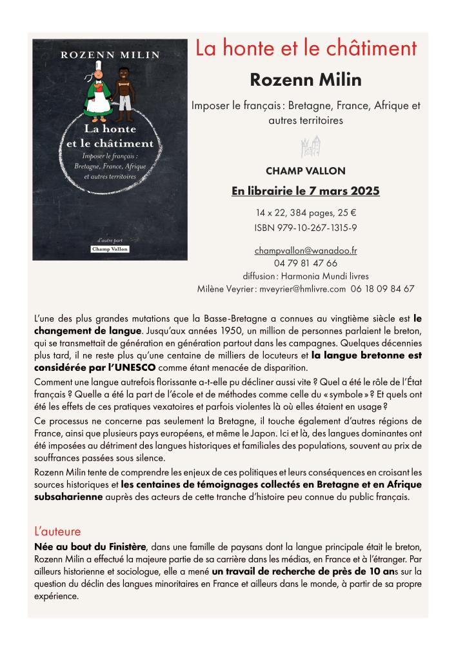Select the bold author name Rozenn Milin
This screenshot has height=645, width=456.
pos(306,80)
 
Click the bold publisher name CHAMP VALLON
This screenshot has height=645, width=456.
pos(306,171)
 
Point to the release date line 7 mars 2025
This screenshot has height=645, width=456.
pos(306,192)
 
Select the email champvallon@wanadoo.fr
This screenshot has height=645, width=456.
pos(306,250)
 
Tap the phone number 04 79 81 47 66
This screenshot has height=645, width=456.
pos(306,263)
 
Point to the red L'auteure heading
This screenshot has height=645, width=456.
pos(57,532)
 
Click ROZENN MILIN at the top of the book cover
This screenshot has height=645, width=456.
pos(110,55)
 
